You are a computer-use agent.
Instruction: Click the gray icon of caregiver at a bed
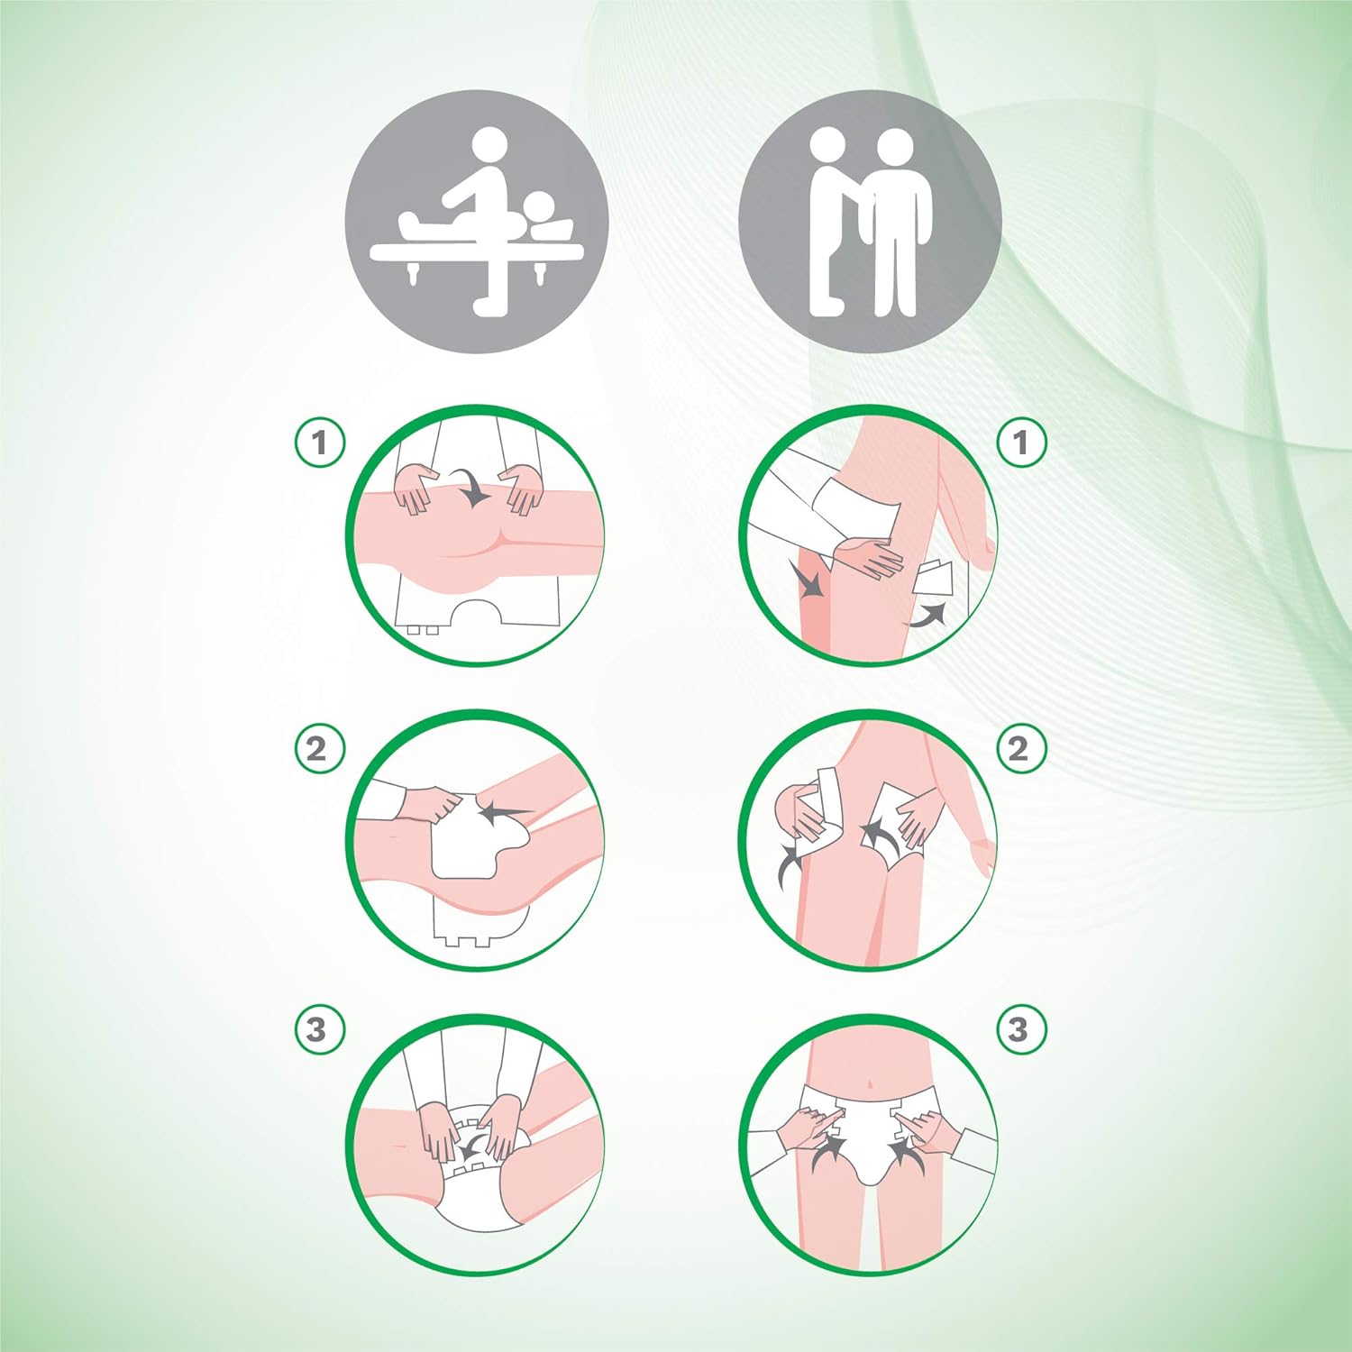click(x=477, y=222)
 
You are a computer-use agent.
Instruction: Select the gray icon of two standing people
click(x=870, y=222)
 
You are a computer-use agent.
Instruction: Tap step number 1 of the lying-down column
click(x=320, y=443)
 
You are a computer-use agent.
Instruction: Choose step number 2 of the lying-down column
click(x=320, y=749)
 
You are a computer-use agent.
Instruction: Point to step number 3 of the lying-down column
click(x=320, y=1029)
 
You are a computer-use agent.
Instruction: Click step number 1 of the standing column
click(x=1021, y=443)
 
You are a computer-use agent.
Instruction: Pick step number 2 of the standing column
click(x=1021, y=749)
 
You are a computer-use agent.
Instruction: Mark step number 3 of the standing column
click(x=1021, y=1029)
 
